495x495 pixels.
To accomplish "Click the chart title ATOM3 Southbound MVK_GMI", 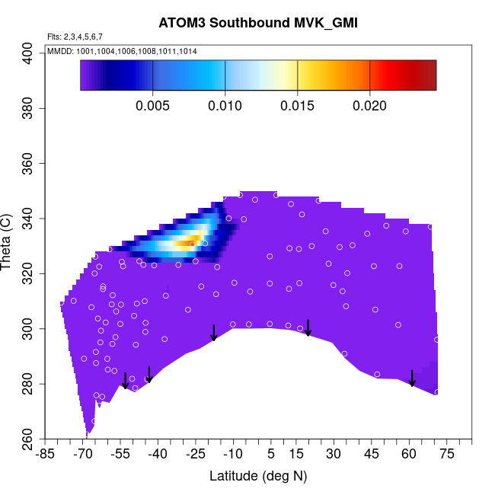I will click(x=257, y=23).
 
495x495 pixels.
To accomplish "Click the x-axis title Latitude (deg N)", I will click(x=257, y=476).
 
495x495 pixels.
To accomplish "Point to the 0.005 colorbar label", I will click(x=153, y=107).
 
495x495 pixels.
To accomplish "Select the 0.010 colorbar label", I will click(x=225, y=107).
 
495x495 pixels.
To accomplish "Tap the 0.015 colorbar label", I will click(x=297, y=107).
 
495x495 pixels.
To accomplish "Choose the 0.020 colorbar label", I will click(x=369, y=107).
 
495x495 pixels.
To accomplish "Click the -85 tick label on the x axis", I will click(x=46, y=455).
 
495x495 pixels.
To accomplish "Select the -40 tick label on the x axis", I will click(x=158, y=455).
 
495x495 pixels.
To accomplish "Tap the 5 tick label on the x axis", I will click(x=270, y=455).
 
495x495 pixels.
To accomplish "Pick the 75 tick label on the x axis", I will click(x=446, y=455).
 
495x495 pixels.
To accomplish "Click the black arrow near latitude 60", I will click(x=412, y=378).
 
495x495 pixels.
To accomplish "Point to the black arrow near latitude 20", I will click(x=308, y=327).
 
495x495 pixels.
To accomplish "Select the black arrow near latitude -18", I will click(x=214, y=333).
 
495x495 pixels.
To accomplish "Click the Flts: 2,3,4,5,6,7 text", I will click(x=75, y=37).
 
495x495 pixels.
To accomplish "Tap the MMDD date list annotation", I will click(x=122, y=51).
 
